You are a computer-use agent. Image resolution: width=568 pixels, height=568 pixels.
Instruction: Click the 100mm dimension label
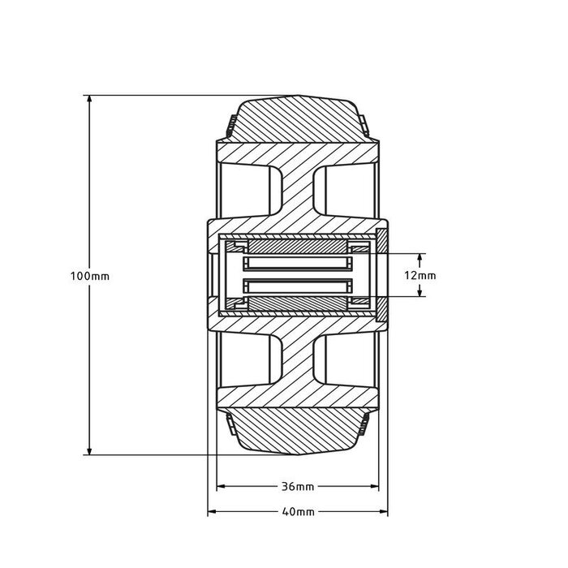click(90, 276)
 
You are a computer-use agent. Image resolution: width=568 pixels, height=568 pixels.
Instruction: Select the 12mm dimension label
click(420, 276)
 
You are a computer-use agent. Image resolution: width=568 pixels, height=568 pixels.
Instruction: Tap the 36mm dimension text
click(298, 487)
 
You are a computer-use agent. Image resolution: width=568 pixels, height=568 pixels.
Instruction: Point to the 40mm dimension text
click(298, 512)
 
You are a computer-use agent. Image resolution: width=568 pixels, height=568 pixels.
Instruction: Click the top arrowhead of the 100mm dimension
click(89, 100)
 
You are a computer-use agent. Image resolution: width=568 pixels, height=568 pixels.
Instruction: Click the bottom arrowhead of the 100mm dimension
click(89, 450)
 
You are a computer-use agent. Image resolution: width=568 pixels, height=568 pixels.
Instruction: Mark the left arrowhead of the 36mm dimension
click(222, 486)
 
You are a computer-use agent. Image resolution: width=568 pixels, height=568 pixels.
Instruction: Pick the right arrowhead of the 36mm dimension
click(373, 486)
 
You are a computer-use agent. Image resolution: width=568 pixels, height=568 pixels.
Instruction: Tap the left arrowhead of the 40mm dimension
click(213, 511)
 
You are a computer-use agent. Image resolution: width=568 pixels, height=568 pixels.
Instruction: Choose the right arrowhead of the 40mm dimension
click(382, 511)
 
